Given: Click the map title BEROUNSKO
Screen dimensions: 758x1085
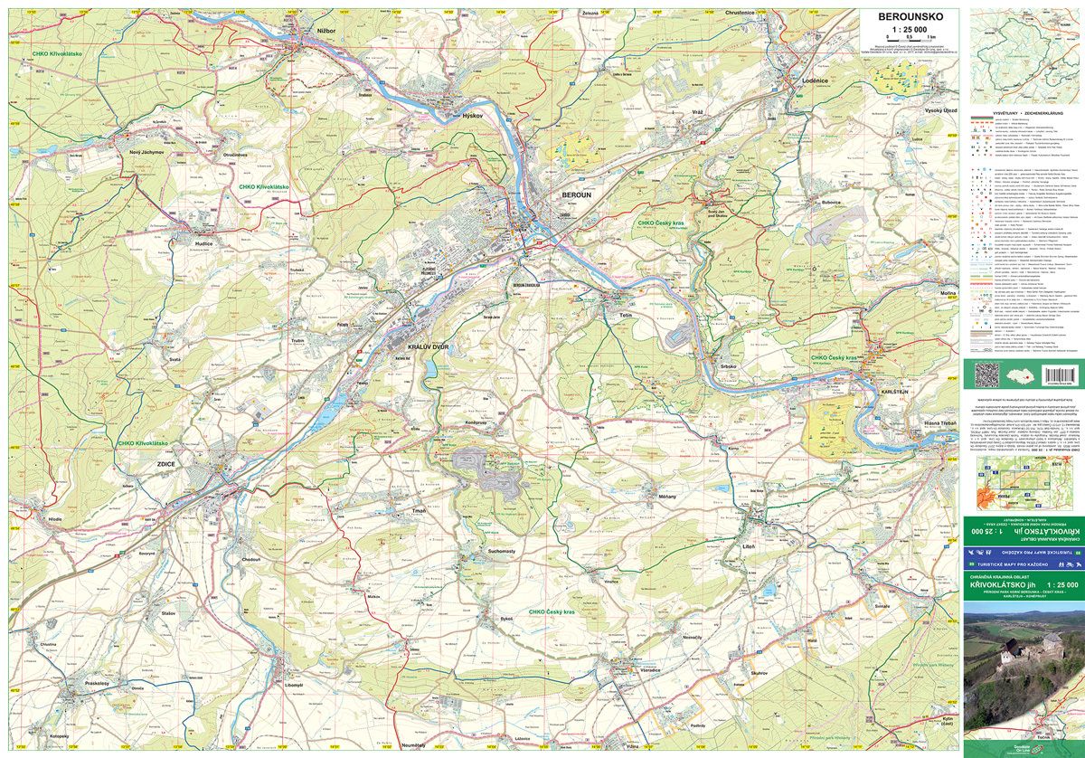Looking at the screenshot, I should point(904,15).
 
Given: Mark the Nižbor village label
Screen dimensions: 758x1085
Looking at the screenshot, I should point(326,30).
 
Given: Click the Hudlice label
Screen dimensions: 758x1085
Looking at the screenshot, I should point(203,243).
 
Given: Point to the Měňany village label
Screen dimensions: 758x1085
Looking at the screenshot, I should point(667,497).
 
